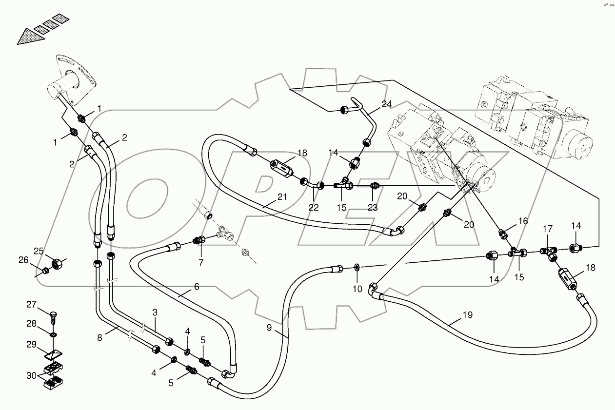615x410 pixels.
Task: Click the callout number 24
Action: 387,104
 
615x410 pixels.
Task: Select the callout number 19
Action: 467,315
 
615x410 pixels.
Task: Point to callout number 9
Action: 270,328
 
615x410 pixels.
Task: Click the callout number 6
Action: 197,287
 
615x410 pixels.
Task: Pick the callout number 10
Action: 357,289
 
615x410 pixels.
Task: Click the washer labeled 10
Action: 357,267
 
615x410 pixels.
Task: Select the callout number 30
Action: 31,375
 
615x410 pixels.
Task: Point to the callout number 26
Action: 23,260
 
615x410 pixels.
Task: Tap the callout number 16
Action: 523,221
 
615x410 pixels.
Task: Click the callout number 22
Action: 313,207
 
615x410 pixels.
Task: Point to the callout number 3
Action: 155,312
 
